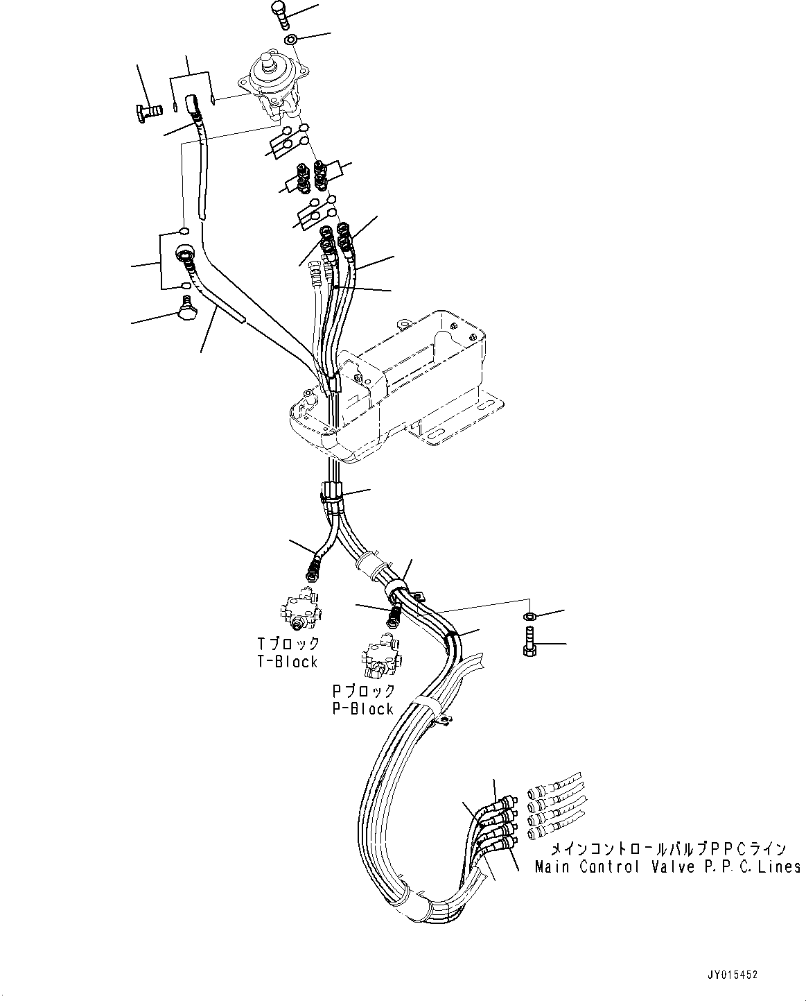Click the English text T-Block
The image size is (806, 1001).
[286, 662]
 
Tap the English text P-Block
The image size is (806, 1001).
[362, 708]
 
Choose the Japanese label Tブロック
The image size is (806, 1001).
[286, 644]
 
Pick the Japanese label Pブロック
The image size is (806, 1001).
[363, 691]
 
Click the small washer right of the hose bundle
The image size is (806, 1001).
[530, 616]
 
